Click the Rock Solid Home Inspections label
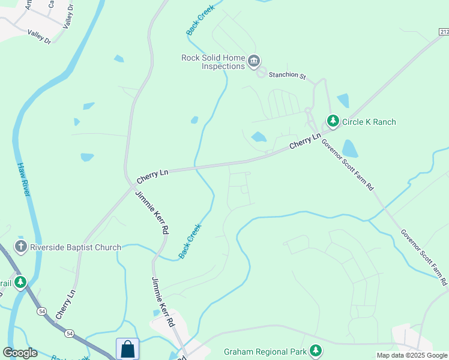(x=212, y=62)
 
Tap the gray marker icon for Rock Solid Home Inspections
(x=254, y=61)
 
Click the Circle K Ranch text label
(x=369, y=122)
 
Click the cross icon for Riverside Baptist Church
(x=21, y=247)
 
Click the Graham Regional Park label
(x=264, y=351)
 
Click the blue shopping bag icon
(x=127, y=349)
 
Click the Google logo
(x=20, y=353)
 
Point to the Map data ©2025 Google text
(x=412, y=355)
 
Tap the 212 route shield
(x=443, y=32)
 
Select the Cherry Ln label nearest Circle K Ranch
(x=304, y=142)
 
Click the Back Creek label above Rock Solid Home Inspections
(x=200, y=21)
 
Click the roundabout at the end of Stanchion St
(x=261, y=73)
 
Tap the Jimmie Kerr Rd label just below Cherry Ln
(x=152, y=212)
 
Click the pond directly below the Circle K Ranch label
(x=349, y=148)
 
